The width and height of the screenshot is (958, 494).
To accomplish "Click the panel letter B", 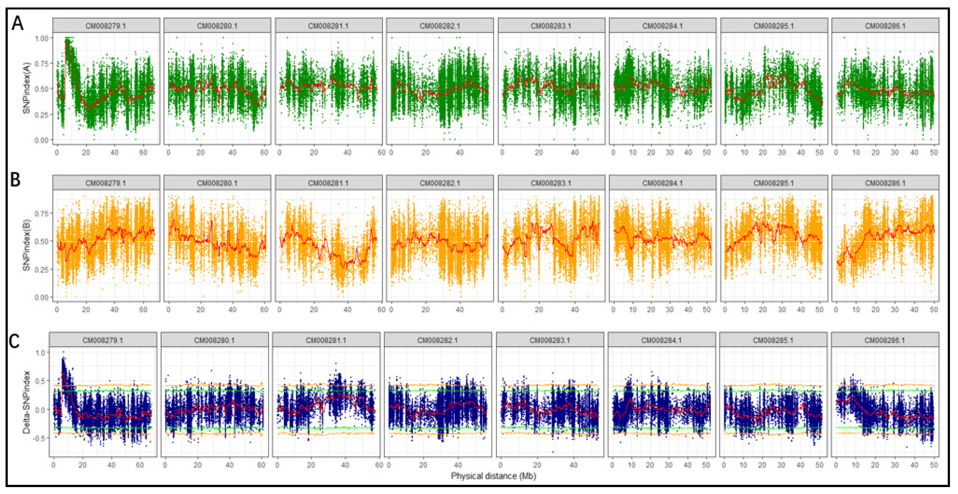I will (15, 180).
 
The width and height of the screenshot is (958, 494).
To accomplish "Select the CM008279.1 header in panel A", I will (106, 26).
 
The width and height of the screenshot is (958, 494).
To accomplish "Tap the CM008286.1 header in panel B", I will (885, 183).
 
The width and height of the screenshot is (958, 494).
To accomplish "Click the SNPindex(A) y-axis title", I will (26, 88).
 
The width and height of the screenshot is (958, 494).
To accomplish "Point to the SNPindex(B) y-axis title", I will (26, 246).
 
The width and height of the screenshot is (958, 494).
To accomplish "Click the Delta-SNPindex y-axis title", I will (26, 402).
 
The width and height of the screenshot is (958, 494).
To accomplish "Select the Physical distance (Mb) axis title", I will (493, 476).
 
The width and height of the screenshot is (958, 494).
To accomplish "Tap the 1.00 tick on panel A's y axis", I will (41, 38).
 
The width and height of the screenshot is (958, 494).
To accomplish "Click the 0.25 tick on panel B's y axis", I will (41, 269).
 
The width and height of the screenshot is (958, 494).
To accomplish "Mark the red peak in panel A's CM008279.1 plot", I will (67, 43).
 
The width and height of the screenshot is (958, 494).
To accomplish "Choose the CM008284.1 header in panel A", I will (662, 26).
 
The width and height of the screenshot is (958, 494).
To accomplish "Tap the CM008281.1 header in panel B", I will (328, 183).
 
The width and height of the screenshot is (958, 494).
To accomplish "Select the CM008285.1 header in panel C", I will (773, 340).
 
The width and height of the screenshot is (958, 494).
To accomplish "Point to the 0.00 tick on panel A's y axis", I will (41, 140).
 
